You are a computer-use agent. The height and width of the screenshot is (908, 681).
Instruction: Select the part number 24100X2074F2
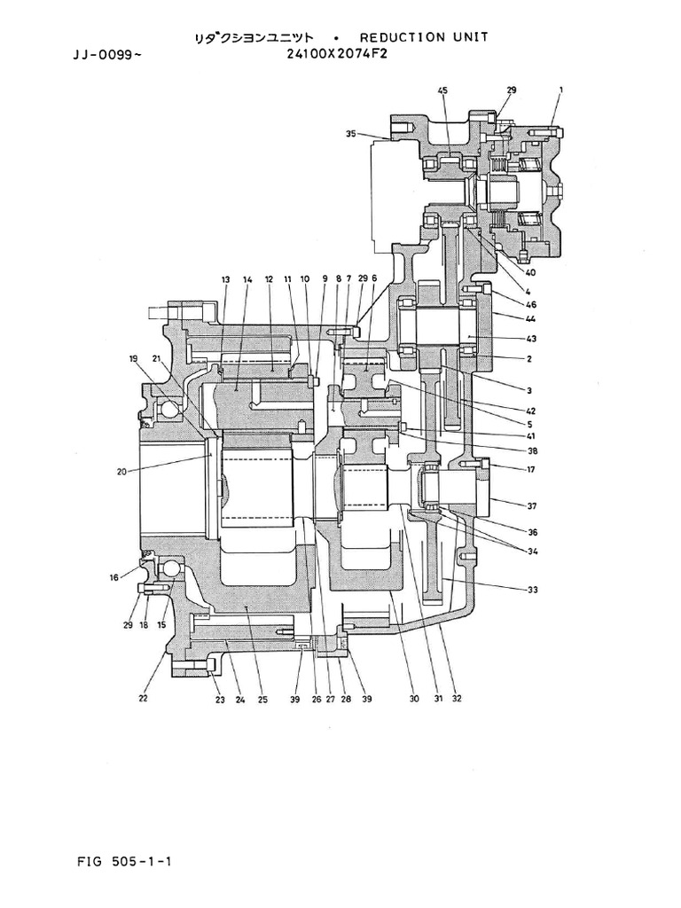pos(337,53)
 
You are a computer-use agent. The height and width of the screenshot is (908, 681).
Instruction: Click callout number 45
pos(442,90)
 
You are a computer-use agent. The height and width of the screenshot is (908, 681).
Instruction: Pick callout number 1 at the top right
pos(561,90)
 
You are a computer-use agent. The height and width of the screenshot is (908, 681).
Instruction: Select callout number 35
pos(351,135)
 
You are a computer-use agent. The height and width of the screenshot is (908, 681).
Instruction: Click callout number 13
pos(225,279)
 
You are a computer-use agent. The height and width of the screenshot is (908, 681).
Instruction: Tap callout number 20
pos(121,473)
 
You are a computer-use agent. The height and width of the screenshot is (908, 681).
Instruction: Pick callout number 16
pos(113,577)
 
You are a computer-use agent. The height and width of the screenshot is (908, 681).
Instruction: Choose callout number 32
pos(456,699)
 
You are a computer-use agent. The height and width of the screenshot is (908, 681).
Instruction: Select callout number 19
pos(134,359)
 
